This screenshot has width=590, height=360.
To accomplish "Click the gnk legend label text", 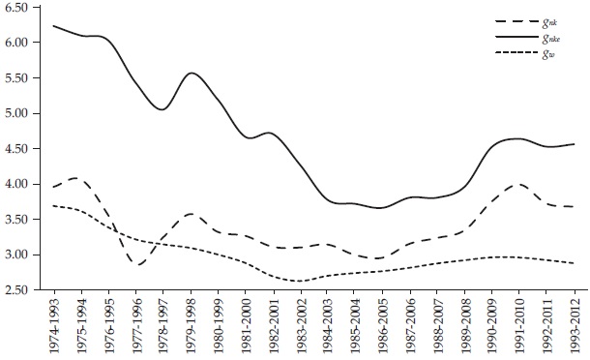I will [x=552, y=20].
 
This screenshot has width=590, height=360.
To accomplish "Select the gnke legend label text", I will [x=554, y=37].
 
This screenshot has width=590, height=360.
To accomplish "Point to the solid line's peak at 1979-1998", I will [x=192, y=74].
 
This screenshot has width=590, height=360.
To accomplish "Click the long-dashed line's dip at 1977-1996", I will [x=138, y=264].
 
